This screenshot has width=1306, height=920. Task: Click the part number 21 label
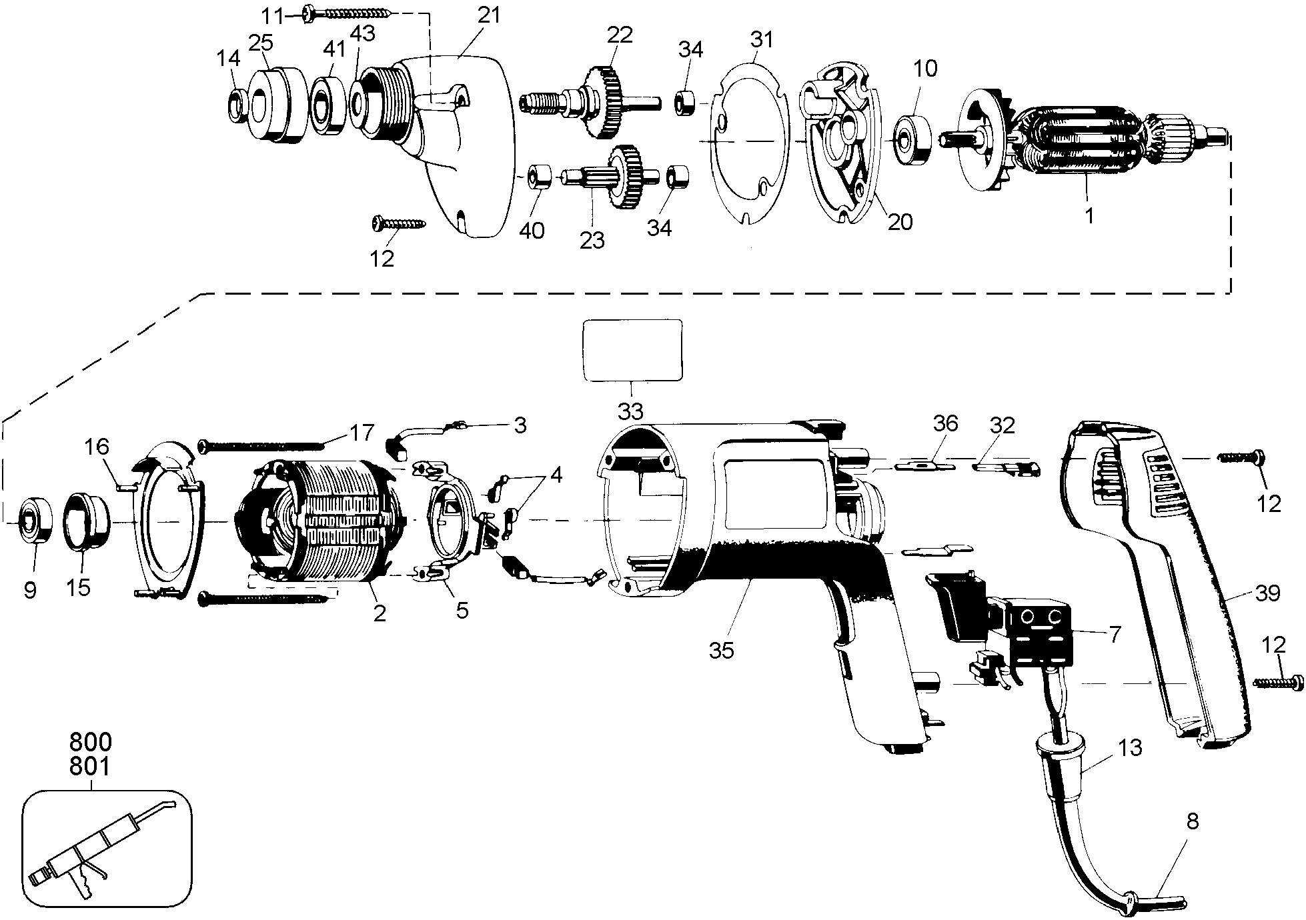[488, 15]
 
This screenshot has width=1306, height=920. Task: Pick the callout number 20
[900, 221]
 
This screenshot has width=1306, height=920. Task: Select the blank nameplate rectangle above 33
[632, 350]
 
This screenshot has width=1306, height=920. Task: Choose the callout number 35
[721, 650]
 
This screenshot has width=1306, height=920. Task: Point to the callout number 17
[362, 433]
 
